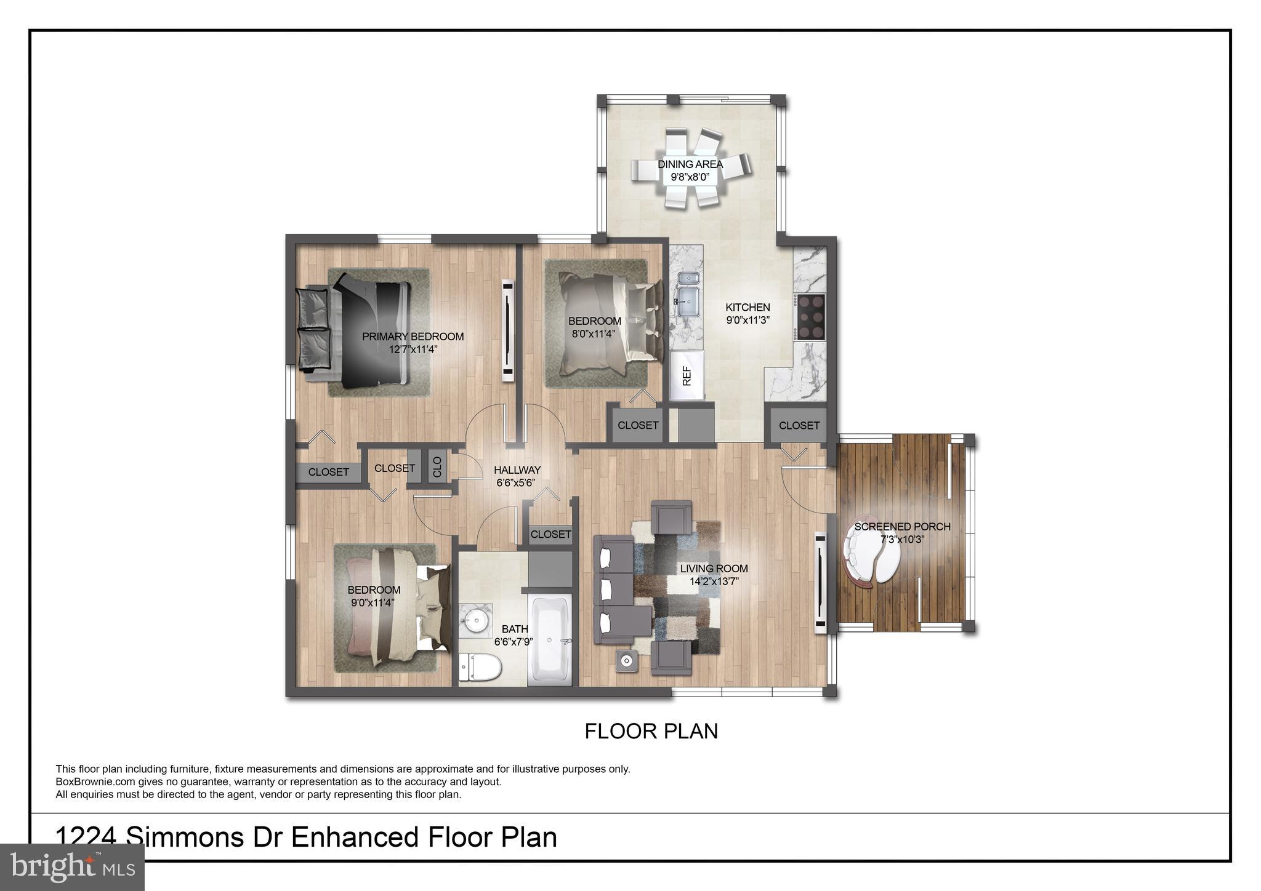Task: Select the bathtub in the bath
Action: tap(551, 641)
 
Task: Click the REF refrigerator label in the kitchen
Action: tap(687, 375)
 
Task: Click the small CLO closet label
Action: tap(437, 466)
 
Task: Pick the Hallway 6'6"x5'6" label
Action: tap(517, 476)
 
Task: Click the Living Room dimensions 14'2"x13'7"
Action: tap(714, 581)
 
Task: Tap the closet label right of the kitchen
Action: tap(799, 425)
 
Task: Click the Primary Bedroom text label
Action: tap(413, 337)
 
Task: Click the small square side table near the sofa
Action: tap(626, 661)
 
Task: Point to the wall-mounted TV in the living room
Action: tap(820, 582)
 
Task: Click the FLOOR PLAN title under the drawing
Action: tap(651, 731)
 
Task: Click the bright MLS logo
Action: tap(72, 868)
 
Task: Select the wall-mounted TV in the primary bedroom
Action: tap(508, 330)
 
